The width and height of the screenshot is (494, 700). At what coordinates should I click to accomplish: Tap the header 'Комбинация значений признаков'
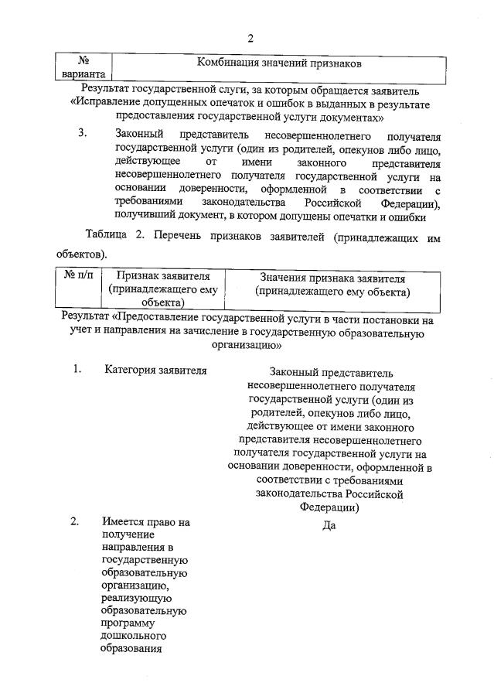(x=279, y=62)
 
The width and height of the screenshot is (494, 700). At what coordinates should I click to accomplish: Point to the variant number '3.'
(x=84, y=132)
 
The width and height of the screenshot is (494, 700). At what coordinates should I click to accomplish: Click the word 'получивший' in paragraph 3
(x=144, y=217)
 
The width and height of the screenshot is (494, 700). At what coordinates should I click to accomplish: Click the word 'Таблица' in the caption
(x=108, y=238)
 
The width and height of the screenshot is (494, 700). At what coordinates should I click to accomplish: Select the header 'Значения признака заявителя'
(x=332, y=277)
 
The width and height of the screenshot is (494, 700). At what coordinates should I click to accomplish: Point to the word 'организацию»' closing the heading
(x=248, y=346)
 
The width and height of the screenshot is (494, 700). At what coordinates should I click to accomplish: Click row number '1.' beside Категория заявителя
(x=77, y=369)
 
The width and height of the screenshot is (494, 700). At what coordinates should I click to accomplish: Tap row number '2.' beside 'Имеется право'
(x=76, y=521)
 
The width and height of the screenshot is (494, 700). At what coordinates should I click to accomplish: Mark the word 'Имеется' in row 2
(x=122, y=522)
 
